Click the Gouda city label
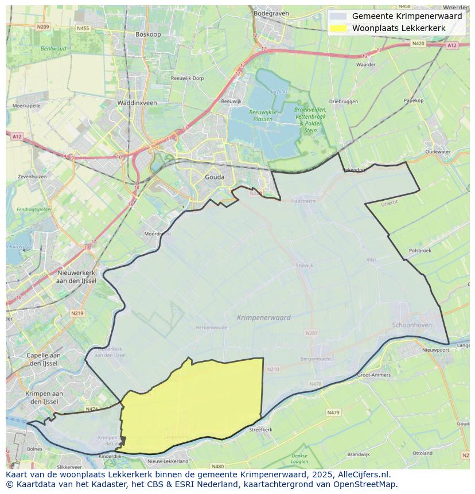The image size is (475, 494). point(215,177)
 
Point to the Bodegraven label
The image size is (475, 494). point(270,13)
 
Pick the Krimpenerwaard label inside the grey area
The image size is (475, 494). point(264,317)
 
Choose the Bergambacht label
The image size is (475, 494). point(316,359)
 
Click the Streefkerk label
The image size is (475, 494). point(260,429)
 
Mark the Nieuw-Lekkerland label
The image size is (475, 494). point(168,461)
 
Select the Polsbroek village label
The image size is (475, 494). point(420,251)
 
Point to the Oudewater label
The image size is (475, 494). point(438,152)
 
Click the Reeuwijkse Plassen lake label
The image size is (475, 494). point(255,115)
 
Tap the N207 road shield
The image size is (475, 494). point(312,333)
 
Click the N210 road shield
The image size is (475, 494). point(272,369)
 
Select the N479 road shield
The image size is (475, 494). point(333,412)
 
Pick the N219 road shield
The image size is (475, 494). point(77,313)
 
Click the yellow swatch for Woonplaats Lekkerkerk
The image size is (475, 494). point(339,28)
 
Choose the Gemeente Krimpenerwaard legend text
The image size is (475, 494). point(407,17)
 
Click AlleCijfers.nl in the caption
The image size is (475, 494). point(364,474)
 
